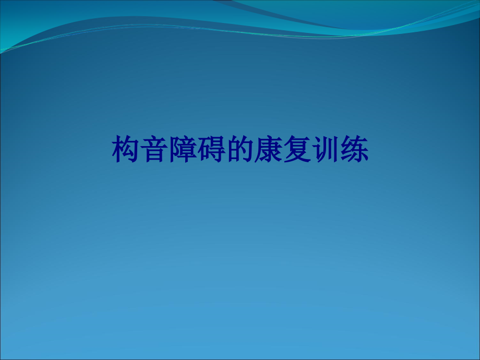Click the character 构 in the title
[126, 150]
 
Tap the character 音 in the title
[154, 150]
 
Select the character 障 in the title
[183, 150]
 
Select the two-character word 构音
[140, 150]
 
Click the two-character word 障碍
[197, 150]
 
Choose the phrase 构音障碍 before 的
[169, 150]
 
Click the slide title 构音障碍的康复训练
[241, 150]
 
